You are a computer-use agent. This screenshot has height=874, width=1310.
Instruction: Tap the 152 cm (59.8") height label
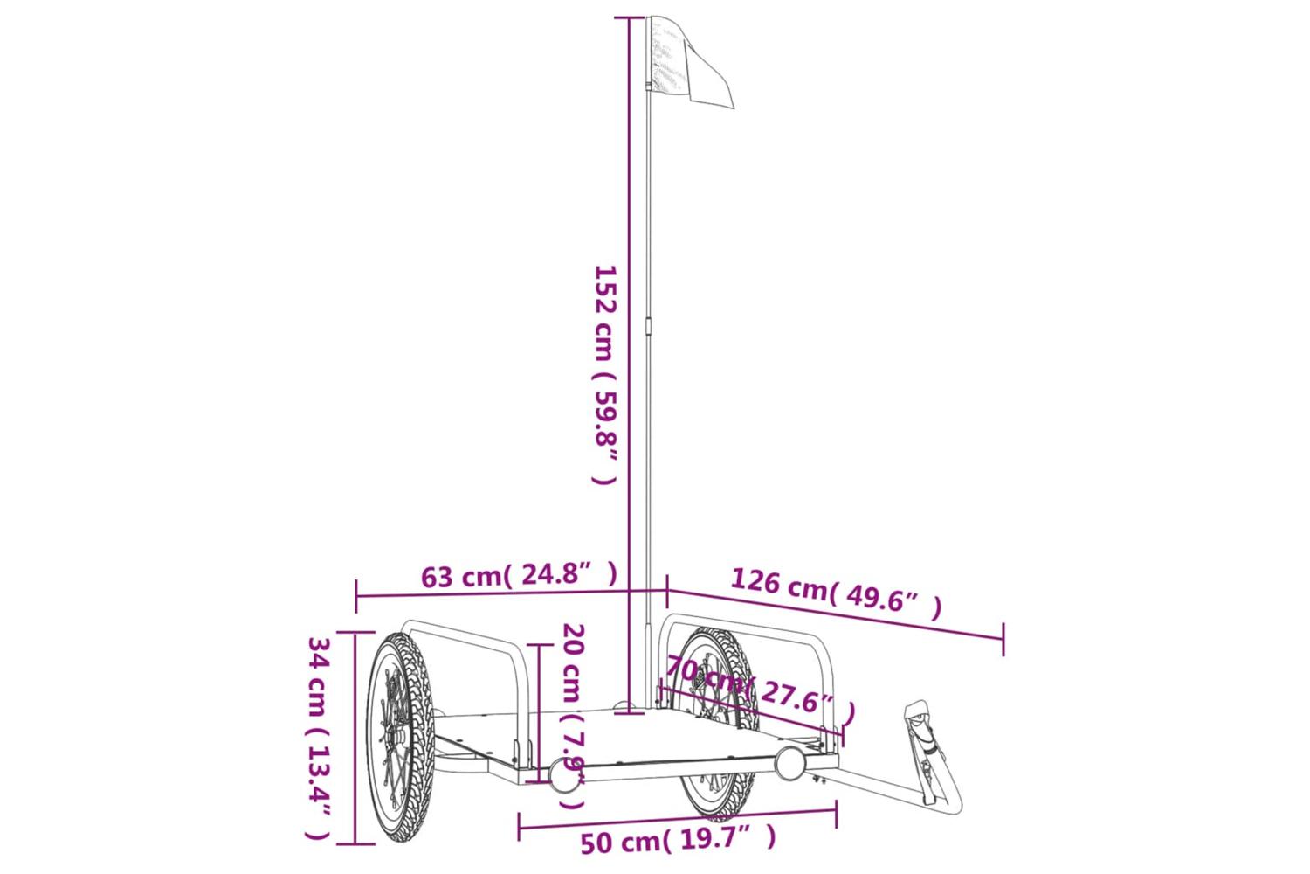[x=606, y=375]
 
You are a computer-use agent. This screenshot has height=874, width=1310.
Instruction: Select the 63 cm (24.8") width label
[x=520, y=575]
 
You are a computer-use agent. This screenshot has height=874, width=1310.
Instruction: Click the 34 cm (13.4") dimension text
[x=320, y=739]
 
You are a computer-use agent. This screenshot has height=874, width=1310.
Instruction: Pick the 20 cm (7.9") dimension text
[x=574, y=716]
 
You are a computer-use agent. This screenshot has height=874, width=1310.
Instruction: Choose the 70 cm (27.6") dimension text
[x=761, y=690]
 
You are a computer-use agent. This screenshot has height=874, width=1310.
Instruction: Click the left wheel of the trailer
[x=401, y=738]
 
